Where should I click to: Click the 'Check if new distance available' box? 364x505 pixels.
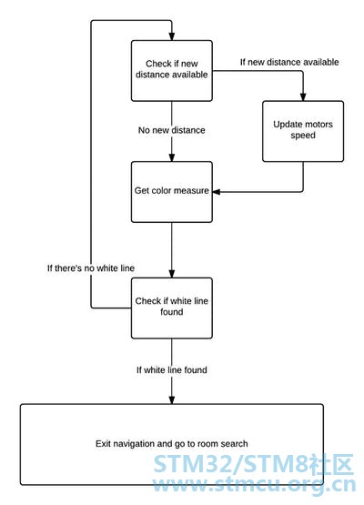[x=172, y=71]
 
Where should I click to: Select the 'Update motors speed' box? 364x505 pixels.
[x=303, y=131]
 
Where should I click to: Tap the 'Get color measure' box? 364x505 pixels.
[x=172, y=192]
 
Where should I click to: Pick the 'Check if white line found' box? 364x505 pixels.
[x=172, y=308]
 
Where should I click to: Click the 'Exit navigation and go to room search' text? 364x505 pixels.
[x=172, y=444]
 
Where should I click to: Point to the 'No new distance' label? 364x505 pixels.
[x=172, y=130]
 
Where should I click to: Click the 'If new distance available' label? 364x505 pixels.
[x=289, y=62]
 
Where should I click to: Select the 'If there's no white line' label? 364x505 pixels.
[x=91, y=268]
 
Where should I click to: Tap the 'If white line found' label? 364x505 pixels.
[x=172, y=369]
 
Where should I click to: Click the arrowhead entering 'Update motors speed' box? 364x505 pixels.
[x=303, y=96]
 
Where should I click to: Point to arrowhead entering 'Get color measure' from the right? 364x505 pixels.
[x=217, y=192]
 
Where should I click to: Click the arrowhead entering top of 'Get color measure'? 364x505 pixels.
[x=172, y=157]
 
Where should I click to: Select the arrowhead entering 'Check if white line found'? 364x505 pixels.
[x=172, y=274]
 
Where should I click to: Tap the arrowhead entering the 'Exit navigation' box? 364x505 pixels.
[x=172, y=400]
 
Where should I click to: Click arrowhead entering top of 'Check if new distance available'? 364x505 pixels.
[x=172, y=36]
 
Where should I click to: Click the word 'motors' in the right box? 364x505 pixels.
[x=318, y=125]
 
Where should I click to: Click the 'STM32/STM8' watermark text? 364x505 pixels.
[x=230, y=464]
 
